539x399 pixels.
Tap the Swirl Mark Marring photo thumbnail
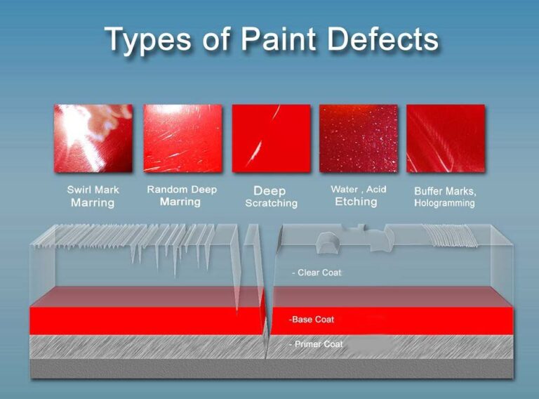pyautogui.click(x=93, y=138)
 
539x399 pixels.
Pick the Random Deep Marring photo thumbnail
pyautogui.click(x=182, y=138)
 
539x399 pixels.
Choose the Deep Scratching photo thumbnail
pyautogui.click(x=271, y=138)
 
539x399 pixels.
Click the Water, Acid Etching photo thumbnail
pyautogui.click(x=358, y=138)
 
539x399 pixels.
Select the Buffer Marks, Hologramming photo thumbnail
pyautogui.click(x=445, y=138)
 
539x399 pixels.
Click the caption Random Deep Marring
pyautogui.click(x=181, y=196)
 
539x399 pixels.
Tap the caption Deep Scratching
pyautogui.click(x=271, y=197)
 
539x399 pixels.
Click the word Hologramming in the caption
pyautogui.click(x=444, y=203)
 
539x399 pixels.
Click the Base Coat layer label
pyautogui.click(x=312, y=320)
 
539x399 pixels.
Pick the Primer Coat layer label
pyautogui.click(x=316, y=344)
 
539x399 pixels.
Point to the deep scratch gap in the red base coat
pyautogui.click(x=267, y=320)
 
